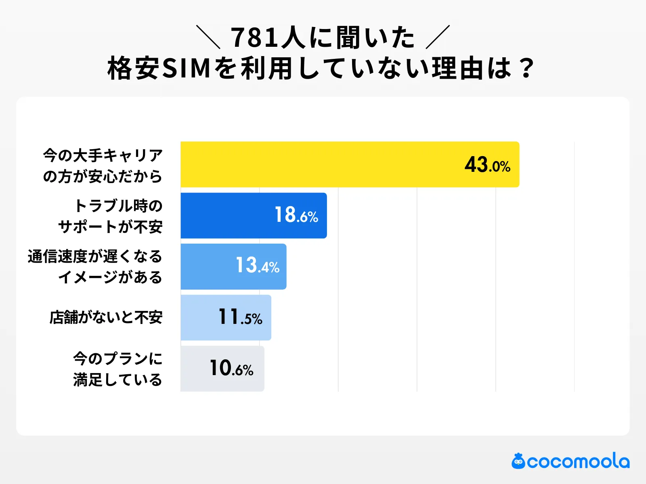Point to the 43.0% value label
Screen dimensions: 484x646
[x=487, y=165]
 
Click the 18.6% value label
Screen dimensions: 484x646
[x=296, y=215]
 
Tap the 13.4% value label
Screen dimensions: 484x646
[x=258, y=266]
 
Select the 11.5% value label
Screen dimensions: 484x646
[x=240, y=317]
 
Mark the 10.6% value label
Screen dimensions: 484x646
[x=231, y=368]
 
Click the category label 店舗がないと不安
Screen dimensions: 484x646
[x=106, y=317]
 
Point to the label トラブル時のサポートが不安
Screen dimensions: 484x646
[x=111, y=216]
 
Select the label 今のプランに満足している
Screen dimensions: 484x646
[x=117, y=369]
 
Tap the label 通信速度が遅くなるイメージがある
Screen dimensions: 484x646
[x=95, y=267]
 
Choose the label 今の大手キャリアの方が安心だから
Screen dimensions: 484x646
[x=103, y=165]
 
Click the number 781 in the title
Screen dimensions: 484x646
[x=255, y=38]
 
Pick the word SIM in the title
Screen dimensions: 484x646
[x=187, y=68]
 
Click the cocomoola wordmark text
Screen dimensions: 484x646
[x=578, y=461]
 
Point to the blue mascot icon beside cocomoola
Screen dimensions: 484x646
[x=518, y=461]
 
